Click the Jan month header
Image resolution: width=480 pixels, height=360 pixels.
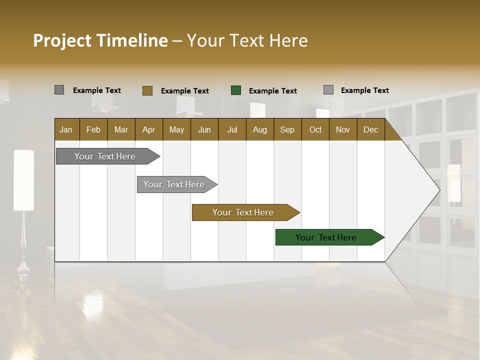coord(66,129)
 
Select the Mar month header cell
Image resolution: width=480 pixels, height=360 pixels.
coord(121,129)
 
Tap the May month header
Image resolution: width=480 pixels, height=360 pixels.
coord(176,129)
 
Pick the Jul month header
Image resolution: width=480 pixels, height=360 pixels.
coord(232,129)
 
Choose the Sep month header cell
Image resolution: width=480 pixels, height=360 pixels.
coord(287,129)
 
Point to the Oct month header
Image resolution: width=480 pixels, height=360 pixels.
coord(315,129)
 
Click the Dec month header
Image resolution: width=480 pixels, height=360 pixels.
coord(370,129)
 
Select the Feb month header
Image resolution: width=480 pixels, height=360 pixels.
coord(93,129)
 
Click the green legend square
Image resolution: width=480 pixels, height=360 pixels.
coord(236,90)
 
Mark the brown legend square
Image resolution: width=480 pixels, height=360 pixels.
coord(147,90)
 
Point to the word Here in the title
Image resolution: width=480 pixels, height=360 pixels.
coord(288,40)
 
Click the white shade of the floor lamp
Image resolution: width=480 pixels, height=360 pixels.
coord(23,180)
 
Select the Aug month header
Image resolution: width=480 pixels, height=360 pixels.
coord(259,129)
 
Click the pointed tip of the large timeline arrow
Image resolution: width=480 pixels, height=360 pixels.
coord(439,190)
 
